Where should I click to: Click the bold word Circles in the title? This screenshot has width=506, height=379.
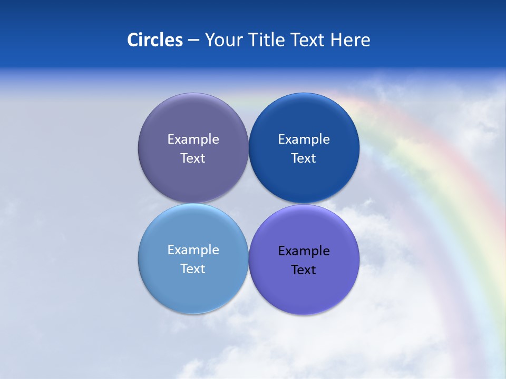point(155,40)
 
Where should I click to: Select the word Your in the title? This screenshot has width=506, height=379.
point(221,40)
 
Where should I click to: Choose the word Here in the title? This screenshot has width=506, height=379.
point(351,40)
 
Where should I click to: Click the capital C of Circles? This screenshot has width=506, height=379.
point(133,40)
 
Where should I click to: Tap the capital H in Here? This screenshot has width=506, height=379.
point(336,40)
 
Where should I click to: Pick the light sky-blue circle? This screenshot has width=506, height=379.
point(193,287)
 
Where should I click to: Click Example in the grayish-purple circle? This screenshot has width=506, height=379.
point(193,139)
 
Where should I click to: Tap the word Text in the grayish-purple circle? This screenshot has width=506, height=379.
point(193,158)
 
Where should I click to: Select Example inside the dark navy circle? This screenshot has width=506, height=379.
point(304,139)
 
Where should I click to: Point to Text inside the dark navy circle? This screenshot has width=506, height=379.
point(304,158)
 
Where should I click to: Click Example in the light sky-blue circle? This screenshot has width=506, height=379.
point(193,250)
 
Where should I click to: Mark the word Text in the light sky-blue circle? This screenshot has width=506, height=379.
point(193,268)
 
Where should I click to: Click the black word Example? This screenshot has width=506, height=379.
point(304,251)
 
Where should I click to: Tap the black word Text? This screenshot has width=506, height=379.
point(304,270)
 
